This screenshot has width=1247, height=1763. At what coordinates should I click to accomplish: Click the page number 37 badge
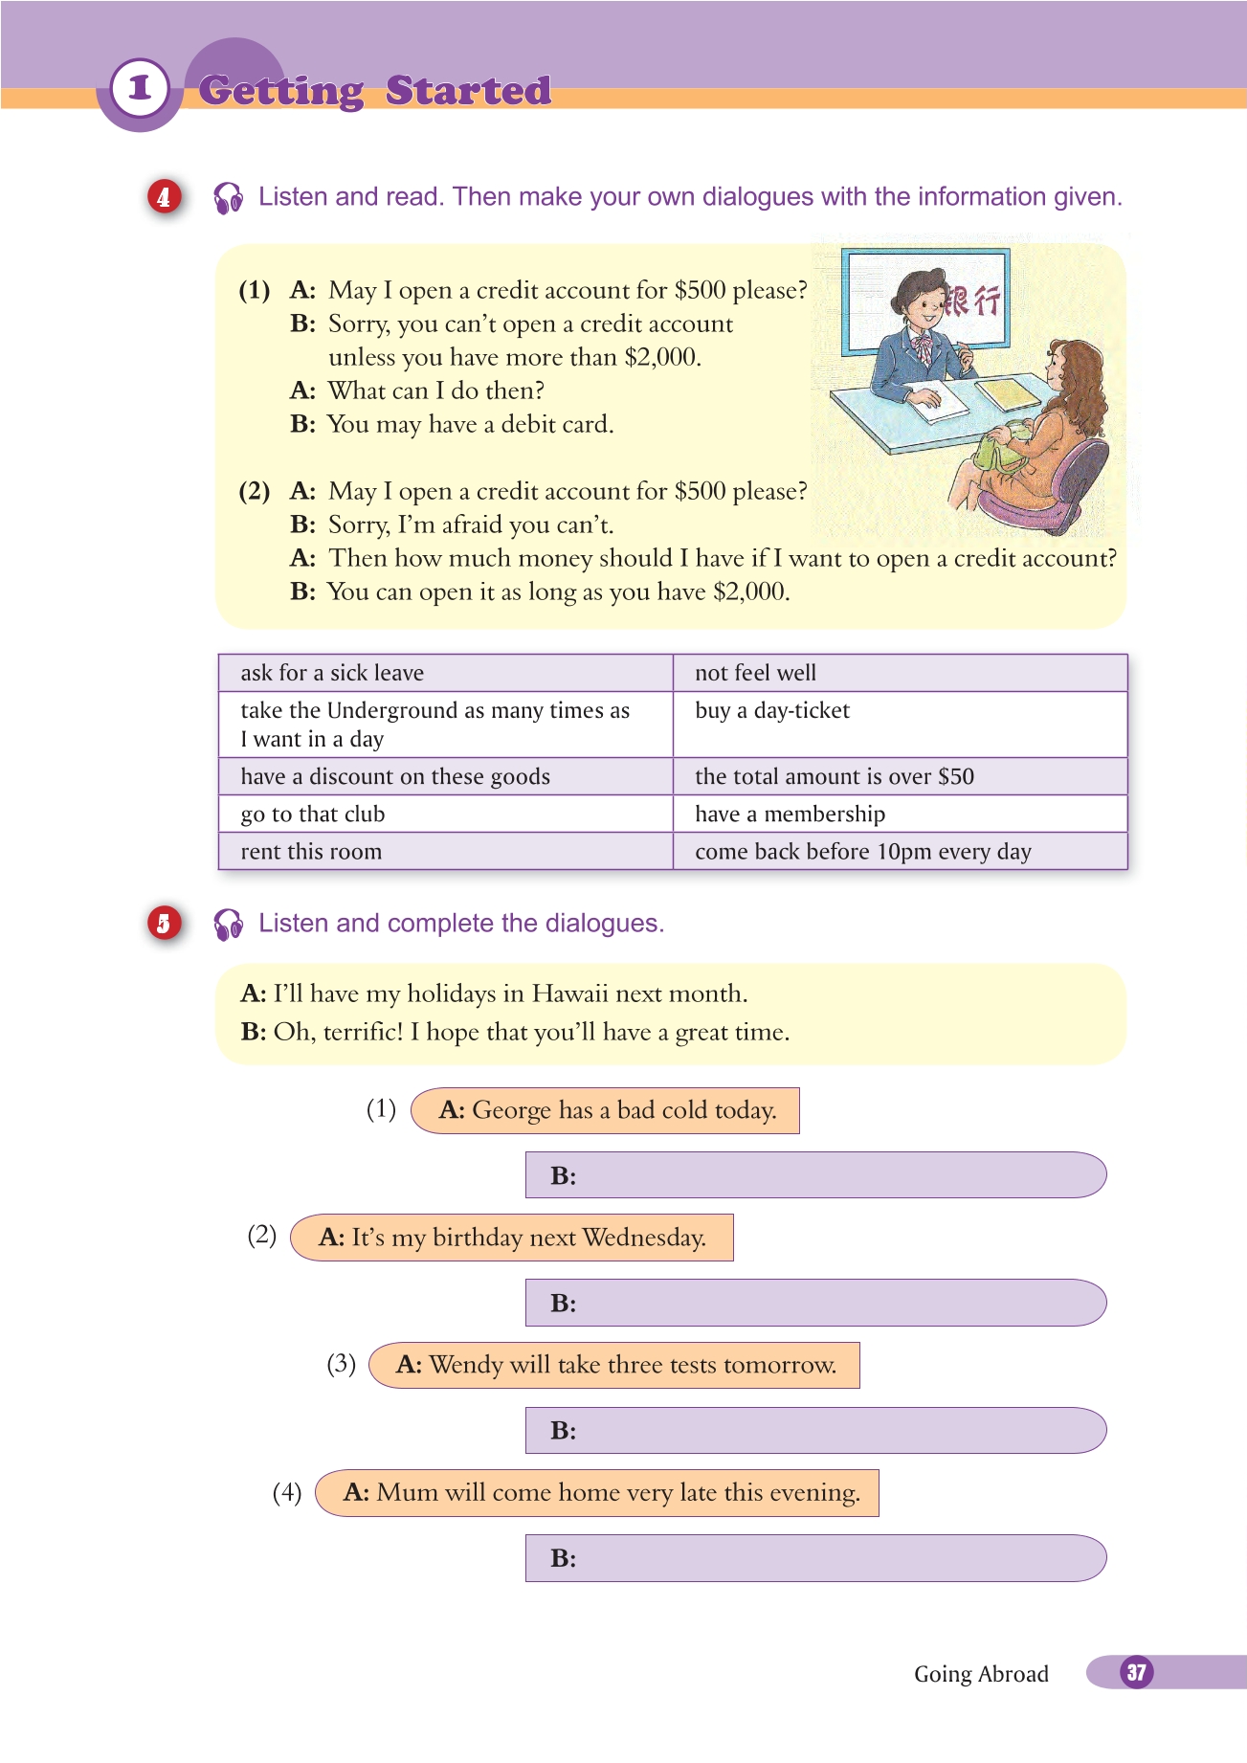tap(1136, 1672)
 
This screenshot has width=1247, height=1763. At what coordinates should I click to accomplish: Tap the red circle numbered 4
tap(164, 197)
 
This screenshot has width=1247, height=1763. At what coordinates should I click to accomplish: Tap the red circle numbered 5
tap(164, 924)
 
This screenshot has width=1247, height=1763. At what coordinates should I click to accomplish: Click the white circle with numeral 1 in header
tap(140, 88)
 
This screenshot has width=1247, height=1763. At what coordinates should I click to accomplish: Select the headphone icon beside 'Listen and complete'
tap(229, 924)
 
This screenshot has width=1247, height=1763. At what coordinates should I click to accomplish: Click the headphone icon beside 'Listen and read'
tap(229, 197)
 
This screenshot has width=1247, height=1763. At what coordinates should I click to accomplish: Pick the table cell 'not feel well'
tap(900, 673)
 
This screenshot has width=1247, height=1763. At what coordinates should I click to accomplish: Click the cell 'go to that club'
tap(445, 814)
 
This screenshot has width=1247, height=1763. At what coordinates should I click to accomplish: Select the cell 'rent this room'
tap(445, 851)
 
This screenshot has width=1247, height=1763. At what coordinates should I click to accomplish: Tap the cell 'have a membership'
tap(900, 814)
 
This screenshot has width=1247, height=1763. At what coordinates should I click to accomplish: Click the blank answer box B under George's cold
tap(815, 1175)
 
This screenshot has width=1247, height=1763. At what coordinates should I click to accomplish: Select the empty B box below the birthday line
tap(815, 1303)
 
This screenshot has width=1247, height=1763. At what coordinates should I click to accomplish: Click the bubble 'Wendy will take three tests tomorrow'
tap(615, 1365)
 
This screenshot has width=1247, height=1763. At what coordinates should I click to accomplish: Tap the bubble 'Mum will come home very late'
tap(598, 1492)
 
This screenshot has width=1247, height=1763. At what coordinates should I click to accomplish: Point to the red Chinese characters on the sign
tap(972, 301)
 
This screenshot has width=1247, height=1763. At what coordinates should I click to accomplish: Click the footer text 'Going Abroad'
tap(981, 1674)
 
